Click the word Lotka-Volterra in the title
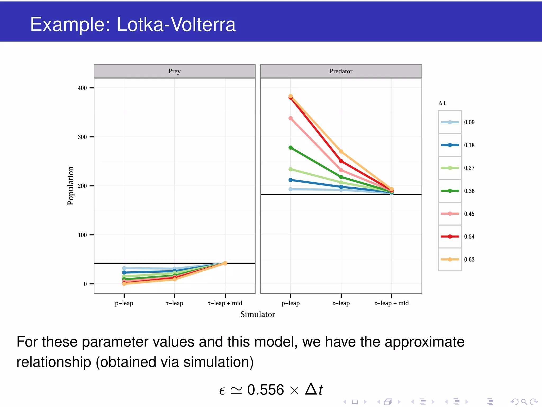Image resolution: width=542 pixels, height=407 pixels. pyautogui.click(x=176, y=24)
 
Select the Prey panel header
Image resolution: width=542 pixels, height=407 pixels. pyautogui.click(x=174, y=71)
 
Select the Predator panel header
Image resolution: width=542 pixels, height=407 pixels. pyautogui.click(x=341, y=71)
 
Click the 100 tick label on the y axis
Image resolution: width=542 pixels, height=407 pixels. pyautogui.click(x=82, y=235)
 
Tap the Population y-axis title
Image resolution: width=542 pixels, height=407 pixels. pyautogui.click(x=70, y=186)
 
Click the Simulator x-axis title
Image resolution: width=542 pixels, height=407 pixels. pyautogui.click(x=258, y=315)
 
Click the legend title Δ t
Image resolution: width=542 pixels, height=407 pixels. pyautogui.click(x=442, y=103)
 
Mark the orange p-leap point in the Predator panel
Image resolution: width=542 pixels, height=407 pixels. pyautogui.click(x=291, y=96)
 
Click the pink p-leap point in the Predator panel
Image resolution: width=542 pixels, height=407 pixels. pyautogui.click(x=291, y=118)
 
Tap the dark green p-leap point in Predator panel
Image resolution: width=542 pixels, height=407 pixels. pyautogui.click(x=291, y=148)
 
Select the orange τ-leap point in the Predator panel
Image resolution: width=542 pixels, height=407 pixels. pyautogui.click(x=341, y=152)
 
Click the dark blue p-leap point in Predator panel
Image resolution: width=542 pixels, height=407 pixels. pyautogui.click(x=291, y=180)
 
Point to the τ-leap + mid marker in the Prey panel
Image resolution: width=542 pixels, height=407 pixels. pyautogui.click(x=225, y=263)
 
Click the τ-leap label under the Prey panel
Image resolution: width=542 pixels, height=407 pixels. pyautogui.click(x=174, y=303)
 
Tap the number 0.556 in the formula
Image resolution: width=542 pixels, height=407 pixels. pyautogui.click(x=265, y=390)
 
